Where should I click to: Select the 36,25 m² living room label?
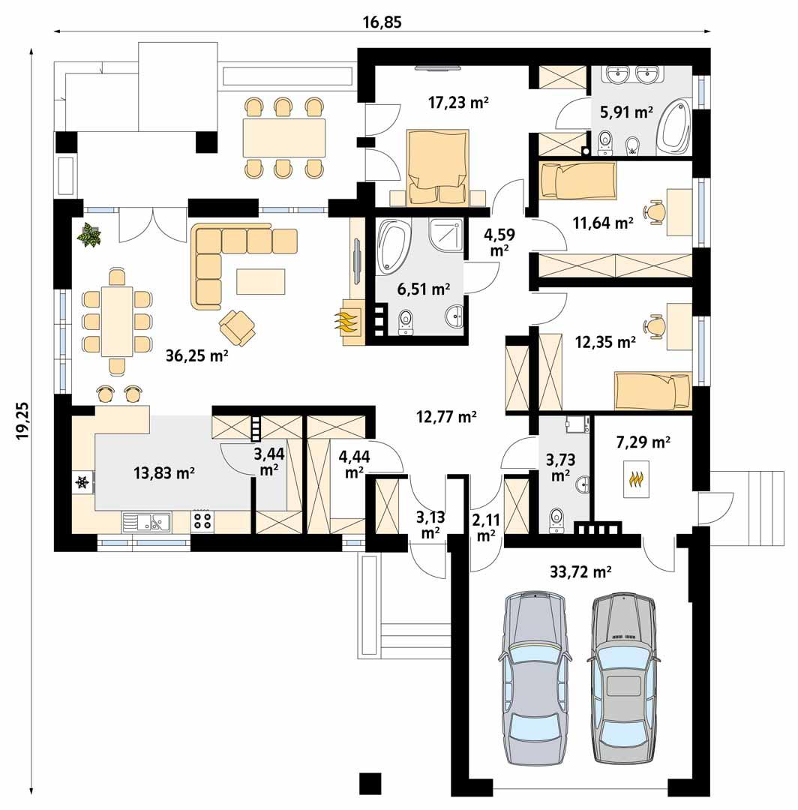(196, 357)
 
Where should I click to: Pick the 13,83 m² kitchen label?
(164, 472)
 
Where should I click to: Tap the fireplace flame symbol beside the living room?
(346, 322)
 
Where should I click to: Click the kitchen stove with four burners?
(202, 520)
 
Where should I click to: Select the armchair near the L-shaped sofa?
(238, 326)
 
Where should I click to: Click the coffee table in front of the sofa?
(260, 280)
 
